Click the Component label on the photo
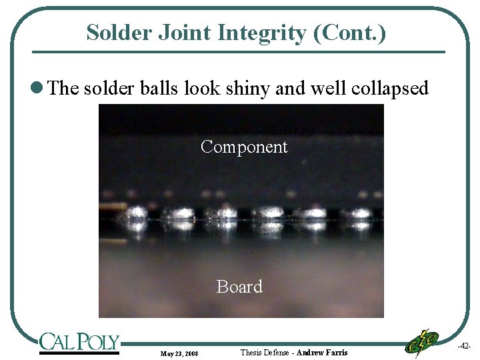coord(244,147)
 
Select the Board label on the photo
coord(239,287)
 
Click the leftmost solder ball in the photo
coord(137,214)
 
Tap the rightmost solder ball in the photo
coord(361,215)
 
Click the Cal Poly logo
coord(79,343)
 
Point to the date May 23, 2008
coord(179,353)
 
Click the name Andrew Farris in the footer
coord(321,352)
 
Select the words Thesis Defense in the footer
coord(265,352)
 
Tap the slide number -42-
coord(464,346)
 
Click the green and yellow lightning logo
coord(421,343)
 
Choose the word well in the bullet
coord(321,89)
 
